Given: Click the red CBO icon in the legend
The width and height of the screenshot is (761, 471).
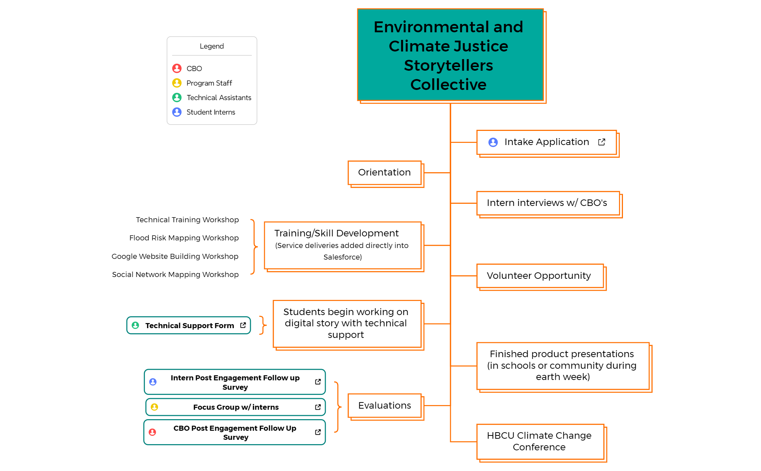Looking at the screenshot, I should pyautogui.click(x=177, y=68).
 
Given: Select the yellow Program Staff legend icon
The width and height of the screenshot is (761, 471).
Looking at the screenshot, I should pyautogui.click(x=177, y=83).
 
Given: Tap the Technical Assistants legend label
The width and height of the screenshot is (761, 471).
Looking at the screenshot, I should pyautogui.click(x=219, y=98).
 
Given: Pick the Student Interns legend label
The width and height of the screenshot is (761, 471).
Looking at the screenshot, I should pyautogui.click(x=211, y=112).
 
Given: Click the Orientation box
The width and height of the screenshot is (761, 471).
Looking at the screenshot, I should pyautogui.click(x=384, y=173).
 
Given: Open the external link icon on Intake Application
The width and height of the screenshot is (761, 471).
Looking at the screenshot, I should pyautogui.click(x=602, y=142).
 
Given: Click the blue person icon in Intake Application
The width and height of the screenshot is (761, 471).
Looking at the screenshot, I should pyautogui.click(x=493, y=142).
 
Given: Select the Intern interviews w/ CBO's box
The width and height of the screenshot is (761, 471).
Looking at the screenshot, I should pyautogui.click(x=547, y=203).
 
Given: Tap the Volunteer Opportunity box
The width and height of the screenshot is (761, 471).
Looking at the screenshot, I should pyautogui.click(x=539, y=276).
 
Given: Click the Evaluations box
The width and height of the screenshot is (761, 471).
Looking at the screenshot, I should pyautogui.click(x=384, y=405).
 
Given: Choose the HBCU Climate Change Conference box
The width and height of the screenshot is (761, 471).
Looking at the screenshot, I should pyautogui.click(x=539, y=441).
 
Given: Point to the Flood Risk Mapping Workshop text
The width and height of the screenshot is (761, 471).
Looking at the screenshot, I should pyautogui.click(x=184, y=238).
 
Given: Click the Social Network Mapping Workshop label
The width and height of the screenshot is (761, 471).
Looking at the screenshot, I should pyautogui.click(x=175, y=274).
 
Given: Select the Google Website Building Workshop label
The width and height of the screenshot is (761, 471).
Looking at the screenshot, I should pyautogui.click(x=175, y=256).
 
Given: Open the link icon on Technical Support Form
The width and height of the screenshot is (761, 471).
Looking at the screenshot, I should pyautogui.click(x=243, y=325).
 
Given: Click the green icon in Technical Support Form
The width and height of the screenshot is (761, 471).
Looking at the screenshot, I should pyautogui.click(x=136, y=325).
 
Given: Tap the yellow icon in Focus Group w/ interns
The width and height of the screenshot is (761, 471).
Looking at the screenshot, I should pyautogui.click(x=154, y=407).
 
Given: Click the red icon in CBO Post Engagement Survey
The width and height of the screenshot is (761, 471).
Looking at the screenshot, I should pyautogui.click(x=153, y=432).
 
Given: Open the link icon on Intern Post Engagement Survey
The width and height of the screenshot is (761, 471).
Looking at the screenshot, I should pyautogui.click(x=318, y=382).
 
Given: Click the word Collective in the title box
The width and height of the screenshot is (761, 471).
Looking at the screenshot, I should pyautogui.click(x=448, y=85).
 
